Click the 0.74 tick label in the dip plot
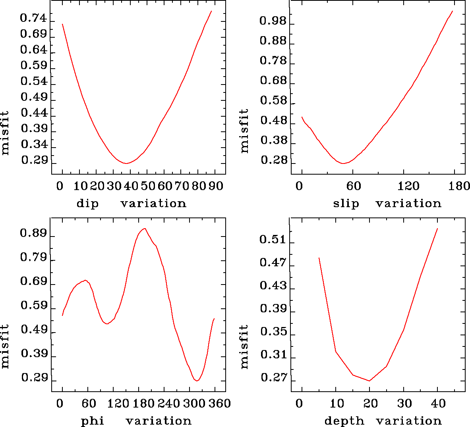pyautogui.click(x=33, y=19)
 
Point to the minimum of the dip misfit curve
pyautogui.click(x=126, y=163)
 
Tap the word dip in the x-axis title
pyautogui.click(x=87, y=204)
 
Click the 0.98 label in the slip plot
pyautogui.click(x=273, y=21)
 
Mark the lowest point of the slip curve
pyautogui.click(x=343, y=163)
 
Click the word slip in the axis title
pyautogui.click(x=346, y=204)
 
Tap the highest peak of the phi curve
pyautogui.click(x=145, y=229)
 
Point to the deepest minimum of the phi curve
pyautogui.click(x=197, y=381)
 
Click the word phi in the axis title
pyautogui.click(x=92, y=421)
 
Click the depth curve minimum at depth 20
pyautogui.click(x=369, y=381)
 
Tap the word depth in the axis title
pyautogui.click(x=344, y=421)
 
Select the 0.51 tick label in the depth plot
pyautogui.click(x=273, y=239)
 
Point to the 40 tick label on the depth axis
pyautogui.click(x=438, y=404)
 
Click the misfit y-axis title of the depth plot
pyautogui.click(x=244, y=346)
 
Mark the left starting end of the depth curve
pyautogui.click(x=319, y=258)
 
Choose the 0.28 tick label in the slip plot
pyautogui.click(x=273, y=160)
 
